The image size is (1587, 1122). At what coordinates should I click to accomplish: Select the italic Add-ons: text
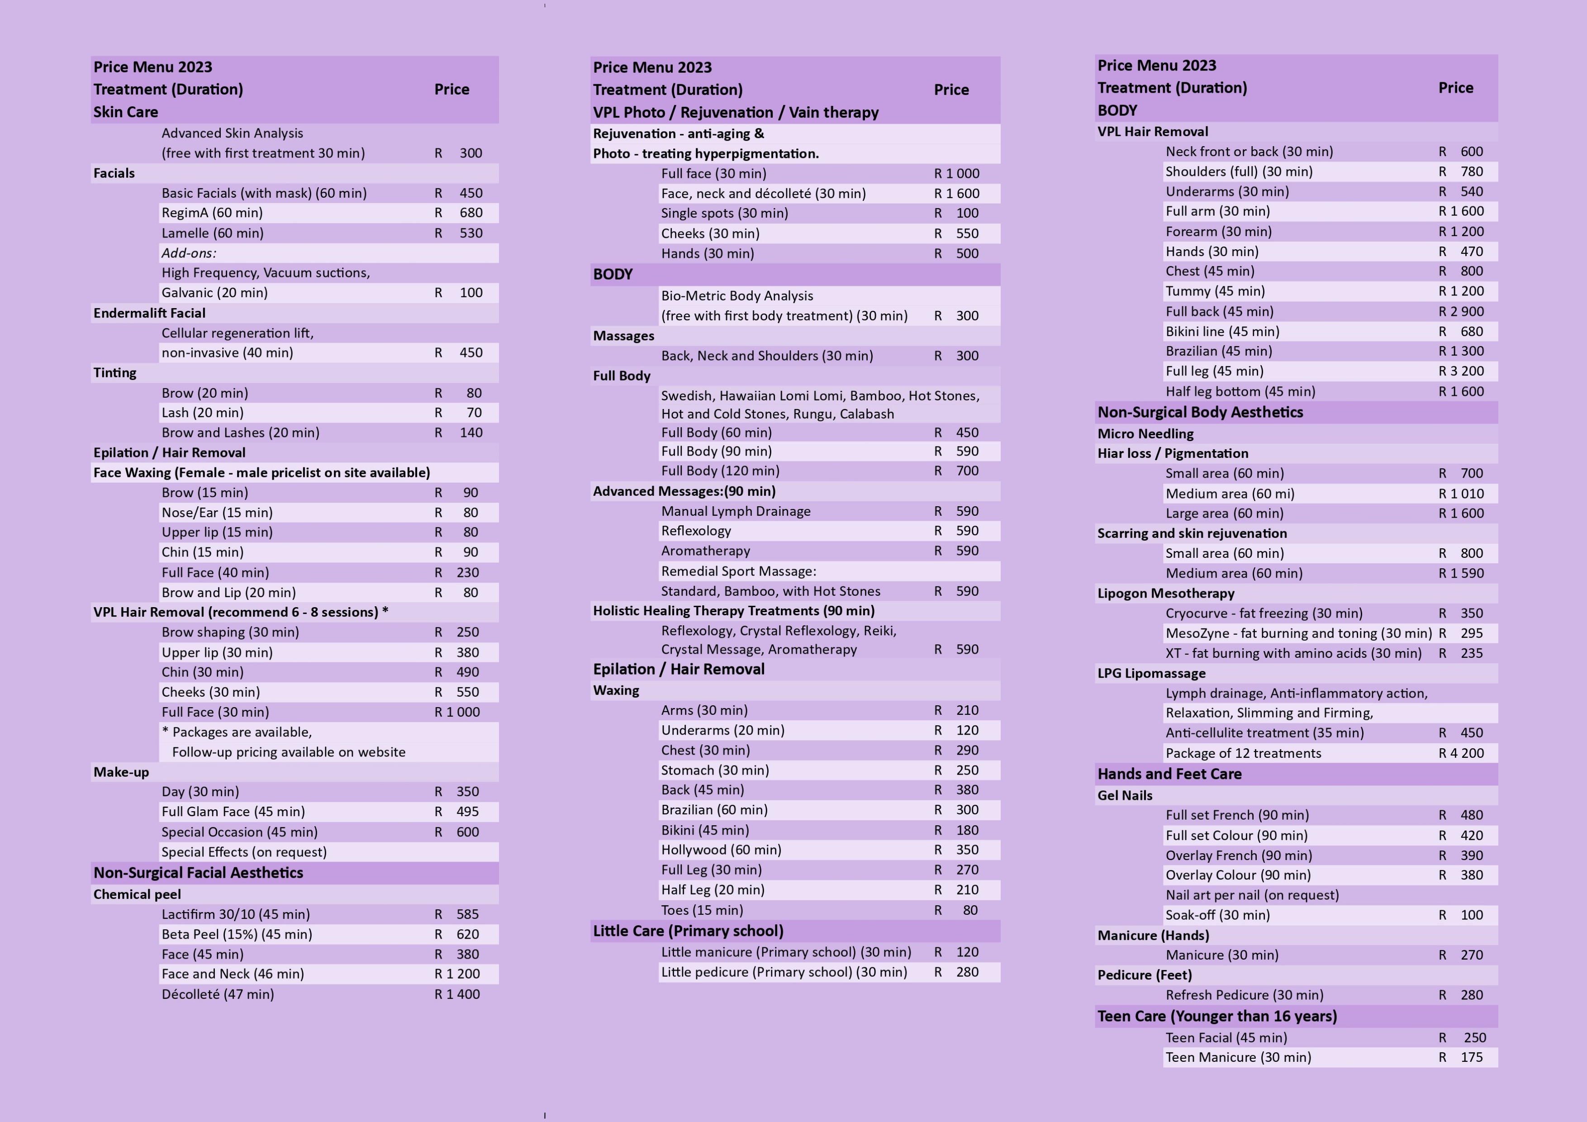[189, 253]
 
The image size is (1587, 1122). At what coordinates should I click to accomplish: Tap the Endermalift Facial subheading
[149, 313]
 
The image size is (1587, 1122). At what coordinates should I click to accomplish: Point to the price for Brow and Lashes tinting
[457, 433]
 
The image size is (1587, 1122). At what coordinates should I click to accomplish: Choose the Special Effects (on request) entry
[244, 852]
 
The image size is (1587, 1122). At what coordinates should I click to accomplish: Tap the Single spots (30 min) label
[724, 214]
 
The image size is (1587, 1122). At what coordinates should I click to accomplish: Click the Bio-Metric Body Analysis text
[737, 296]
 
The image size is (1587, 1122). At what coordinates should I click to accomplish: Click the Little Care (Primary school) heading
[688, 931]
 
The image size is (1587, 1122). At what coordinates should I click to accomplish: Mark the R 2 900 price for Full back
[1461, 312]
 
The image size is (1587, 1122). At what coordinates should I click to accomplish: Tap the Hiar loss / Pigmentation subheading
[1173, 453]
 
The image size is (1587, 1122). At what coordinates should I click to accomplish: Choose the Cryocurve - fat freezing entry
[1264, 613]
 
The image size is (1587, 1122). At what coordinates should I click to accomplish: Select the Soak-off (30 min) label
[1217, 915]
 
